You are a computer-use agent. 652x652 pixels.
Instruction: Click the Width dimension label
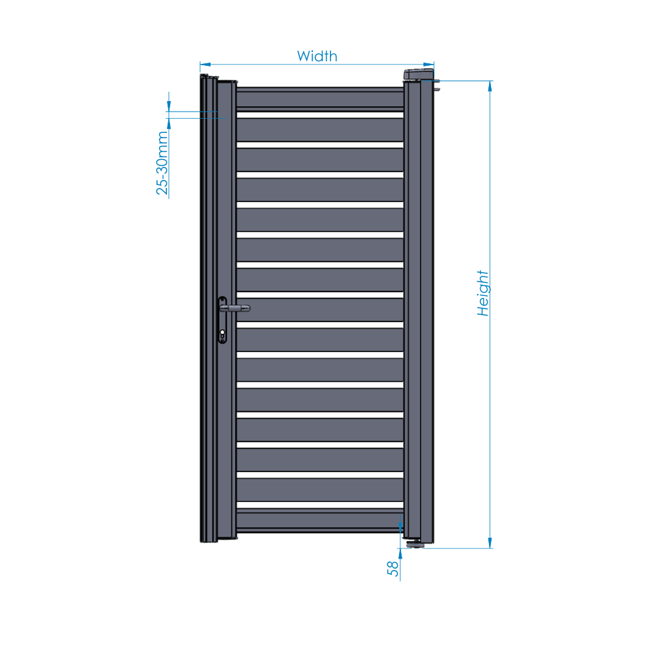[317, 56]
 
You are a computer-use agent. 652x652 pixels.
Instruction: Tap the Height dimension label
[482, 293]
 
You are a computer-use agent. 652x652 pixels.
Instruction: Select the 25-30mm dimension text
[162, 163]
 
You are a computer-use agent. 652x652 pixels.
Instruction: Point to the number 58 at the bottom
[393, 569]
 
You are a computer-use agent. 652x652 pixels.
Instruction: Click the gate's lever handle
[235, 308]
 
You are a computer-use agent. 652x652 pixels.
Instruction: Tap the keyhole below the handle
[222, 333]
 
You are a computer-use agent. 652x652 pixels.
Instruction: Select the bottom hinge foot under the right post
[415, 543]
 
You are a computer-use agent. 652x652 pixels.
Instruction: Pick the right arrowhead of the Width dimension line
[429, 65]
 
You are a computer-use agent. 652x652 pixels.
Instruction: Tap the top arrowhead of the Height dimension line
[490, 86]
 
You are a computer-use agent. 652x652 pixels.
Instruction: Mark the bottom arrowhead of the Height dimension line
[490, 543]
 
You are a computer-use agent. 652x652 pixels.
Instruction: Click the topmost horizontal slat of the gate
[319, 99]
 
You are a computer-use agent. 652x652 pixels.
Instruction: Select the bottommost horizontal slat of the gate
[319, 520]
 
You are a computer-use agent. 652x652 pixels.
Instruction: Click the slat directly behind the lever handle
[319, 310]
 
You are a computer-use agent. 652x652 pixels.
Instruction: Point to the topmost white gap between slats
[319, 115]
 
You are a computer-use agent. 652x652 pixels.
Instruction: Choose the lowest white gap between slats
[319, 505]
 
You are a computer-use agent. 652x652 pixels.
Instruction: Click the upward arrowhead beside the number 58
[400, 554]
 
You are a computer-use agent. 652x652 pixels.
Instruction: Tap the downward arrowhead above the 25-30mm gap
[169, 106]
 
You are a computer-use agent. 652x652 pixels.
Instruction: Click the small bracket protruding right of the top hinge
[436, 85]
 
